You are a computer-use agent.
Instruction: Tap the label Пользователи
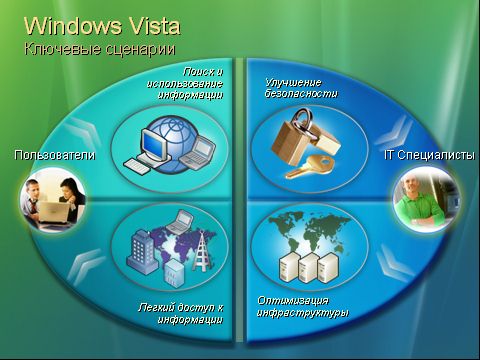click(54, 155)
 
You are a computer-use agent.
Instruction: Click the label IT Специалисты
click(429, 155)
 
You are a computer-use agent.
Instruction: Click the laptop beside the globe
click(201, 151)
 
